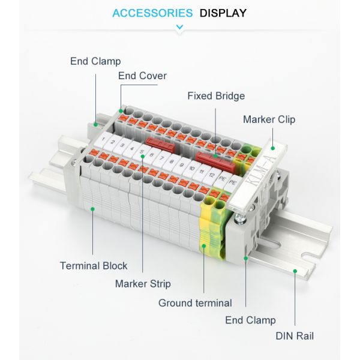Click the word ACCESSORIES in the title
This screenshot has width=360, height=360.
pos(152,13)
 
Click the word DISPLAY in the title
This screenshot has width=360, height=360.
pos(223,13)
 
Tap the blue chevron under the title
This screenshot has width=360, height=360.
pos(179,26)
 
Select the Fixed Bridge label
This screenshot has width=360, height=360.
pos(216,96)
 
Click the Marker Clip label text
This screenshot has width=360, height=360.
pos(269,119)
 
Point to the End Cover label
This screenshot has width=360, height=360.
pos(142,76)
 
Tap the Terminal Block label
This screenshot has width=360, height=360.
pos(94,265)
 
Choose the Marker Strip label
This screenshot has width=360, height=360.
pos(143,284)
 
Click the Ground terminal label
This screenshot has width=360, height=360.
pos(195,303)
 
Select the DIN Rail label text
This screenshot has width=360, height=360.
pos(295,336)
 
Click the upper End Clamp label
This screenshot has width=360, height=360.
pos(95,61)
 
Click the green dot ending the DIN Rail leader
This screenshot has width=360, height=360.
pos(295,271)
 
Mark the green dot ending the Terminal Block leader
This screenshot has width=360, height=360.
pos(92,208)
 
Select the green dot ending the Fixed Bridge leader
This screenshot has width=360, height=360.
pos(216,155)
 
